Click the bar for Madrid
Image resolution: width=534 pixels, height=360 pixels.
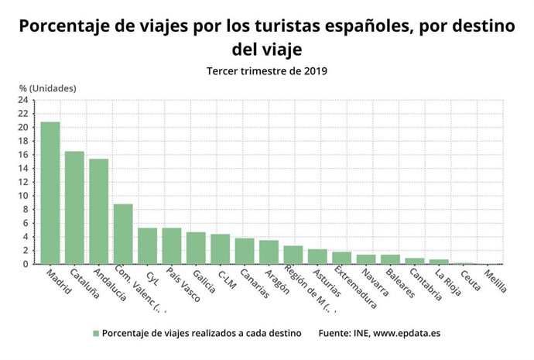tap(50, 193)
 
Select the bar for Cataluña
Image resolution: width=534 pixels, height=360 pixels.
tap(74, 207)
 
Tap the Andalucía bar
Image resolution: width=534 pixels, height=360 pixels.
tap(99, 211)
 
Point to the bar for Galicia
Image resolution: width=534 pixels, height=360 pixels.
tap(196, 248)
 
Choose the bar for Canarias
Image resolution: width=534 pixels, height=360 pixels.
tap(245, 251)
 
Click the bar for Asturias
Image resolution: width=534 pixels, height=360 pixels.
tap(317, 256)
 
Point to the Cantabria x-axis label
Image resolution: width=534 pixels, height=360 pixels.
tap(426, 286)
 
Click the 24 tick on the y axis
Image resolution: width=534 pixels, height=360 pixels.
tap(23, 100)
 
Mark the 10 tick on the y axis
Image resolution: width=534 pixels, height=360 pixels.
tap(23, 196)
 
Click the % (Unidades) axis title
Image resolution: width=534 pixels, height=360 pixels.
tap(48, 87)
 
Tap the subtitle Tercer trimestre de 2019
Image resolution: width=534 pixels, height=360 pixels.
tap(267, 71)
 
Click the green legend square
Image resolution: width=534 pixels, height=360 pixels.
tap(96, 333)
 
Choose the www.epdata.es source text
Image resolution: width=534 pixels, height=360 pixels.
tap(407, 333)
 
